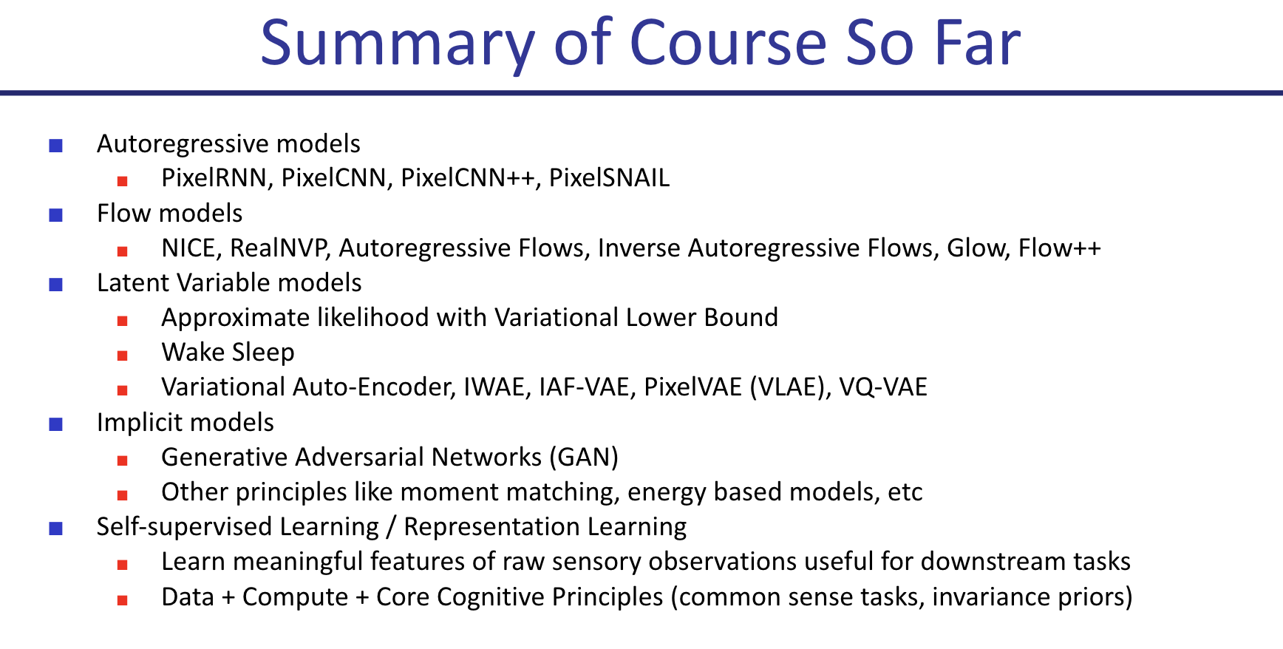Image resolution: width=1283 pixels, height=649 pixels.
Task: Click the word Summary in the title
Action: [x=398, y=44]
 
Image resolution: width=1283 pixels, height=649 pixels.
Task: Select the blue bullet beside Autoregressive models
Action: [x=55, y=145]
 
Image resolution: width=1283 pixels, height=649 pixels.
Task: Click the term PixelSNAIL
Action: [x=609, y=178]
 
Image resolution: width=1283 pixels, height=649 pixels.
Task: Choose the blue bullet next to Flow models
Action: [x=55, y=215]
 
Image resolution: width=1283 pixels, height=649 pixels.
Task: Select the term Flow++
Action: [x=1060, y=248]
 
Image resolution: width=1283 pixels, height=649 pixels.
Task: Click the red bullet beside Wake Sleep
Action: [x=123, y=356]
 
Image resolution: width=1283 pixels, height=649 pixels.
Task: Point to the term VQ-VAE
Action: [x=883, y=387]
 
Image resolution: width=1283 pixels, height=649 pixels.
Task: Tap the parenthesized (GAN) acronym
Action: [x=584, y=458]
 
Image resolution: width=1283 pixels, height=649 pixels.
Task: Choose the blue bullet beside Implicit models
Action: [x=55, y=424]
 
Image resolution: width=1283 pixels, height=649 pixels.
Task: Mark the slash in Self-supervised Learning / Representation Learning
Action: [x=391, y=527]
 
